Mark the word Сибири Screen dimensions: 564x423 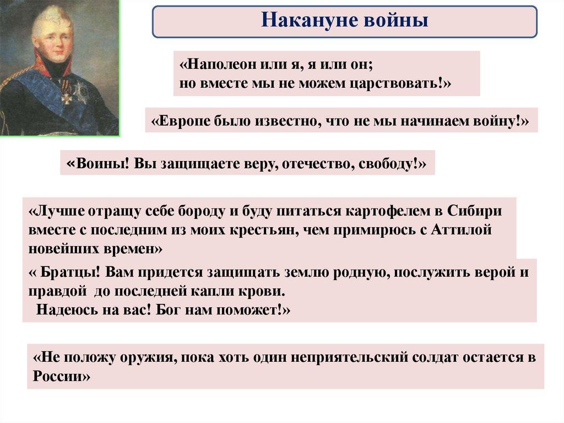(x=474, y=211)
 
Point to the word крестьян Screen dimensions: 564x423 (x=264, y=230)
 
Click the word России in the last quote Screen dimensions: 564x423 (x=58, y=376)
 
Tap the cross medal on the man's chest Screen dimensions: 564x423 (x=66, y=95)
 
